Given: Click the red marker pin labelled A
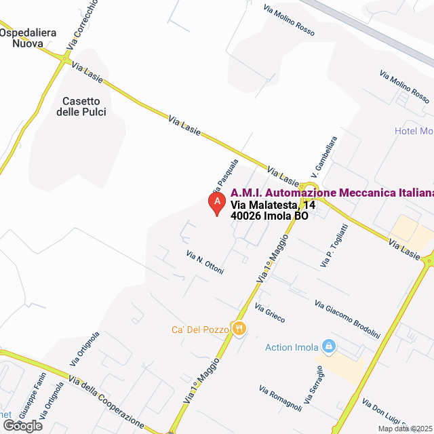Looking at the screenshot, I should pyautogui.click(x=216, y=203).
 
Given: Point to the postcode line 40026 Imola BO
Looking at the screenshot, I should pyautogui.click(x=269, y=216).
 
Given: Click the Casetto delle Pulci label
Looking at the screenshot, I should pyautogui.click(x=84, y=106).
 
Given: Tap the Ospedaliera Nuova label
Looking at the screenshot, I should pyautogui.click(x=28, y=38).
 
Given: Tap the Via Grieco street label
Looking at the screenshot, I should pyautogui.click(x=270, y=313).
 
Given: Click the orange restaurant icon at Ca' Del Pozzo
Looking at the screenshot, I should pyautogui.click(x=239, y=329).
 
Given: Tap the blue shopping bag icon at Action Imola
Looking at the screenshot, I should pyautogui.click(x=329, y=347).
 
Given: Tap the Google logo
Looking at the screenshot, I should pyautogui.click(x=22, y=426).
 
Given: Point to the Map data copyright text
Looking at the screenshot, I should pyautogui.click(x=405, y=429).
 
